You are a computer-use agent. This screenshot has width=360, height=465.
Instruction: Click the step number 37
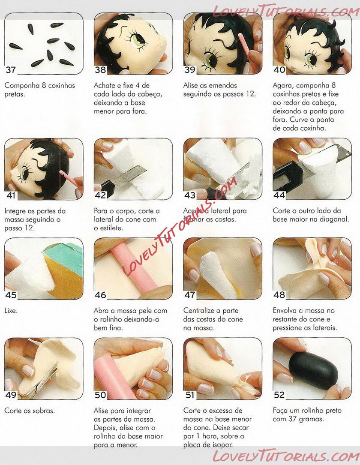click(10, 70)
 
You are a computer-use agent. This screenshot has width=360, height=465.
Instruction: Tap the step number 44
click(279, 195)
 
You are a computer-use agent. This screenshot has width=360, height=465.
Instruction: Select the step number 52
click(279, 395)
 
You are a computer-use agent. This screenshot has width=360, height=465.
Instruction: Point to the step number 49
click(11, 395)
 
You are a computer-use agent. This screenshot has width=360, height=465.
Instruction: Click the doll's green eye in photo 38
click(138, 40)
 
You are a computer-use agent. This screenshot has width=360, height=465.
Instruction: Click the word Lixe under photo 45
click(11, 311)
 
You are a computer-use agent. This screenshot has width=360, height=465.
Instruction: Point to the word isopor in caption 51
click(222, 445)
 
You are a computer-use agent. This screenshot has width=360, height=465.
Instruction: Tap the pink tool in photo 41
click(70, 179)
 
